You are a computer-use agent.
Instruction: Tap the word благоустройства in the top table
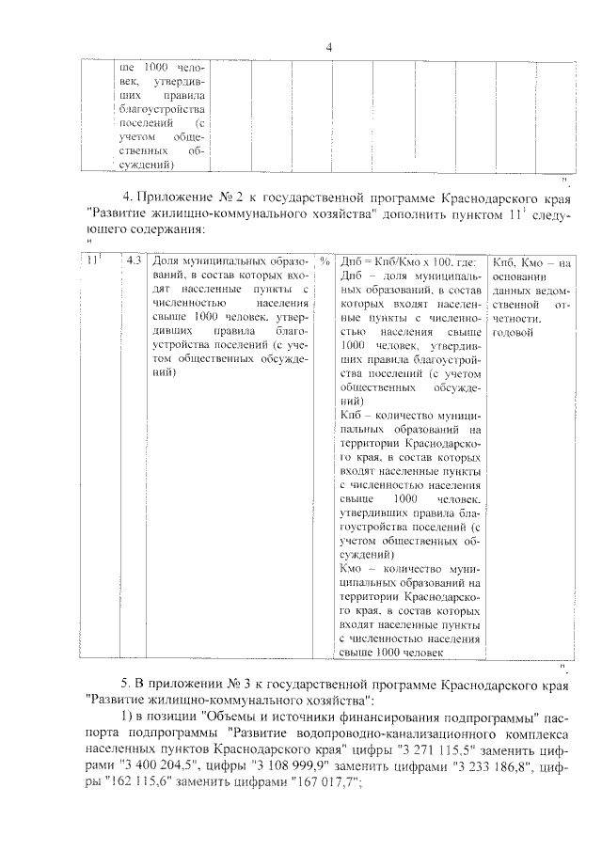click(x=163, y=110)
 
